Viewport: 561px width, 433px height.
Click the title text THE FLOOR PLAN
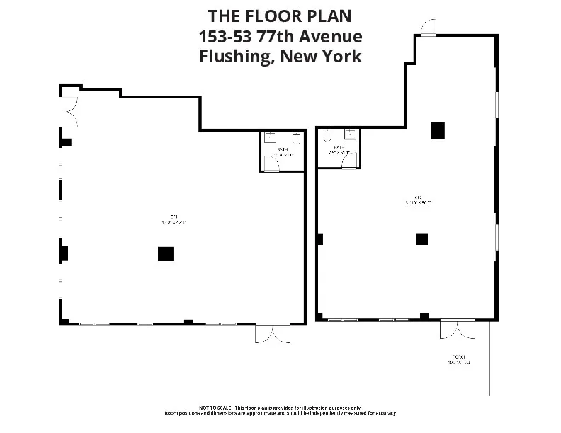[x=280, y=16]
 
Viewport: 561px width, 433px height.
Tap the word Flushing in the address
[x=234, y=57]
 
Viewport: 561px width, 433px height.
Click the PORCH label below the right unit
[x=458, y=357]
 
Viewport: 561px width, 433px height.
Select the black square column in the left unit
[x=165, y=253]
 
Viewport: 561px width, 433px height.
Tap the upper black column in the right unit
[x=438, y=130]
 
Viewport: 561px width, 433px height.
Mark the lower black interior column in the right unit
[x=421, y=239]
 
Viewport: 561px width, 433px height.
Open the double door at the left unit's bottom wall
[x=273, y=333]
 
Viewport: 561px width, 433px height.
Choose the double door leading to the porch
[x=457, y=329]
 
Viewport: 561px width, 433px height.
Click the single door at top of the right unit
[x=428, y=28]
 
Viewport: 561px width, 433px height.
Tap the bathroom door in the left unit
[x=271, y=163]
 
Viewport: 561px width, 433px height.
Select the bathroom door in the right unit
[x=348, y=161]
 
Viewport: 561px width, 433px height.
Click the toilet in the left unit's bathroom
[x=295, y=138]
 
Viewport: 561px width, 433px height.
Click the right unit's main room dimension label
[x=419, y=200]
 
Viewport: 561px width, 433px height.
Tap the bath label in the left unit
[x=283, y=149]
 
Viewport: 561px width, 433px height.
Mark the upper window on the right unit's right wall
[x=497, y=104]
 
